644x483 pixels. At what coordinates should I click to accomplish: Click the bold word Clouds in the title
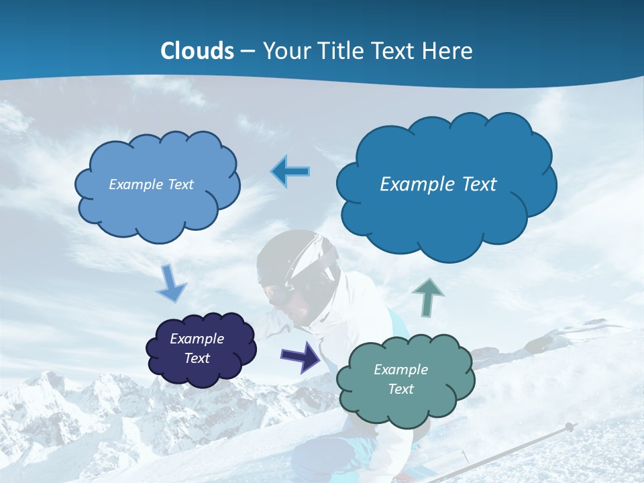coord(197,51)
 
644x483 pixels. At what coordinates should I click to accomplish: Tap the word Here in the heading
coord(448,51)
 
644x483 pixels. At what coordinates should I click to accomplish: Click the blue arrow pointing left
coord(290,172)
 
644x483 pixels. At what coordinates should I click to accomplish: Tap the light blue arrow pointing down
coord(170,284)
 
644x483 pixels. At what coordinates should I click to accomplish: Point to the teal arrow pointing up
coord(429,297)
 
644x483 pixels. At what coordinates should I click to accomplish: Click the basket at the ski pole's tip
coord(569,427)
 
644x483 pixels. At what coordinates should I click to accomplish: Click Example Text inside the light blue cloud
coord(151,184)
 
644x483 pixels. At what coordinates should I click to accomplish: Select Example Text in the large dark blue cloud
coord(438,184)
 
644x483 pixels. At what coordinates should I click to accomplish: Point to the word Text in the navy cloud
coord(197,358)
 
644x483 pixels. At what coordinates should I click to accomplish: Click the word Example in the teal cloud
coord(400,370)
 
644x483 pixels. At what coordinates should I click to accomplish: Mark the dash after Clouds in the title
coord(247,51)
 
